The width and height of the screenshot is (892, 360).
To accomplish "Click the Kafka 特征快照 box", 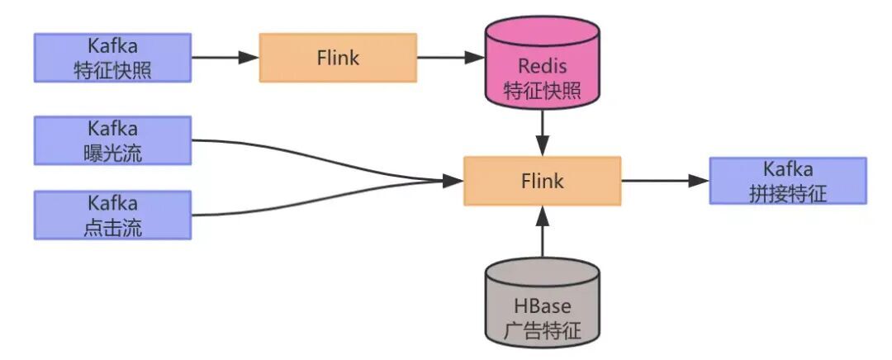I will [112, 58].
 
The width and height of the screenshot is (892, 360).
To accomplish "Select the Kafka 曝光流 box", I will [112, 140].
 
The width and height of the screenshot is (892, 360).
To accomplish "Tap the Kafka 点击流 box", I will [112, 216].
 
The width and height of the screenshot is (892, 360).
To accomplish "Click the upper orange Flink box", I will [338, 58].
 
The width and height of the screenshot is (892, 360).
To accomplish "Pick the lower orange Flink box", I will [542, 180].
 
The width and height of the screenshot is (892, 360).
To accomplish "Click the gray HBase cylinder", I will [542, 301].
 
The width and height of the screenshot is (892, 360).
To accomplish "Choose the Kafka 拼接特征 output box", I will [788, 180].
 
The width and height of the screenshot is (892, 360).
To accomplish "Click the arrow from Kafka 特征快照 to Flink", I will [225, 58].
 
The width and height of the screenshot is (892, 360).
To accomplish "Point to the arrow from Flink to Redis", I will [450, 58].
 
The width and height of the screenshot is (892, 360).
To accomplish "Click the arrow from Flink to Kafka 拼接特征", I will [665, 180].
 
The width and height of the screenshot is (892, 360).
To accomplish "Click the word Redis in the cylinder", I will [542, 65].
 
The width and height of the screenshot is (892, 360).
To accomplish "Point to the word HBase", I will [542, 307].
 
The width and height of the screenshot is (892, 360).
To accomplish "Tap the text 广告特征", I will [542, 331].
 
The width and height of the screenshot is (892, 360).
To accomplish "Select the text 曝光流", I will [112, 153].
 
